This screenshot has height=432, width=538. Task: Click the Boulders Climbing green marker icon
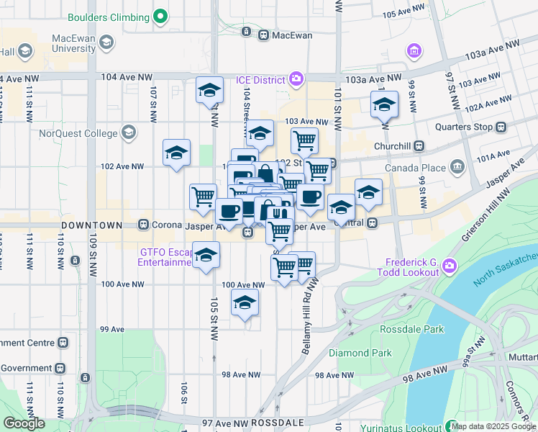[x=160, y=17]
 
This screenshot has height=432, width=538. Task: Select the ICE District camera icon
[x=296, y=79]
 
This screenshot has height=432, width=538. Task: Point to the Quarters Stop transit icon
[x=502, y=127]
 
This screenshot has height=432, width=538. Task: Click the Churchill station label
[x=392, y=145]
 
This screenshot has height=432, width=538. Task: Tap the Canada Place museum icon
[x=457, y=168]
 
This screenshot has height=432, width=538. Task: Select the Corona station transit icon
[x=144, y=225]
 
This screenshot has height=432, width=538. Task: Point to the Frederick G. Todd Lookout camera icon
[x=450, y=266]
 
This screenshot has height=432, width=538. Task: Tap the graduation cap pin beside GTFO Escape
[x=206, y=256]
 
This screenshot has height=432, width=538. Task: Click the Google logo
[x=25, y=423]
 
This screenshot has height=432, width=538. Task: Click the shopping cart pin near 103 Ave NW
[x=304, y=140]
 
